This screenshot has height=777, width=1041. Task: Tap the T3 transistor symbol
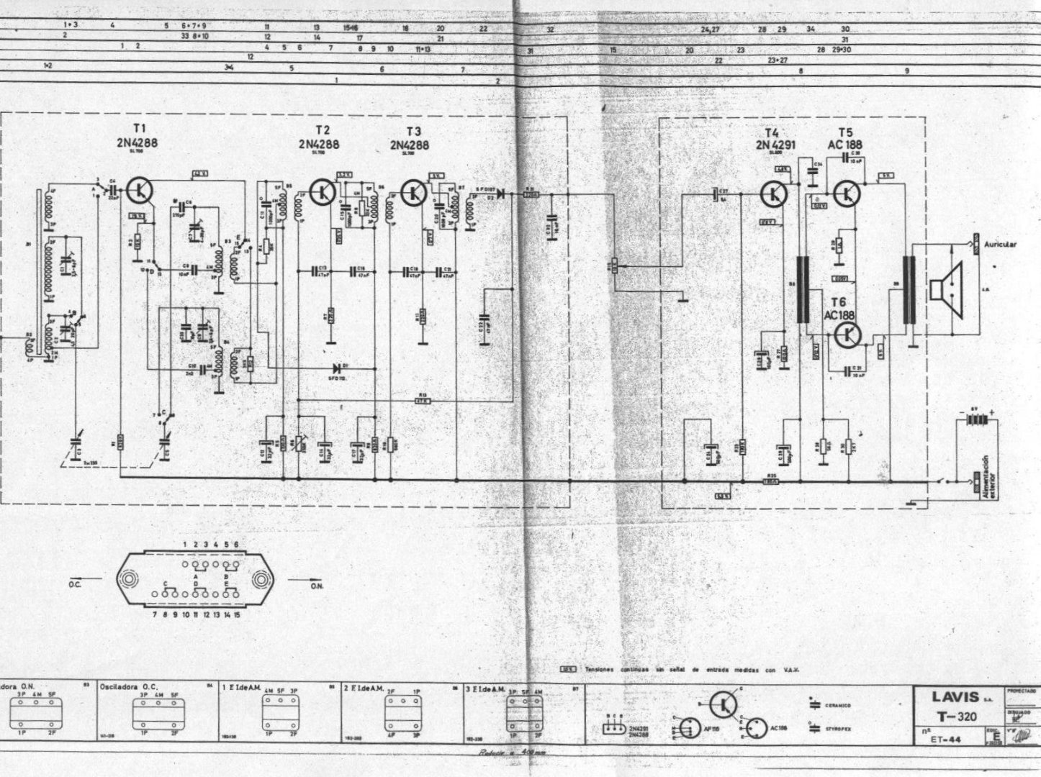coord(414,191)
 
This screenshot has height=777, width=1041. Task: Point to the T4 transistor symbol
coord(774,194)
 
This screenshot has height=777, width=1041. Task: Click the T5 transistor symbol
coord(847,193)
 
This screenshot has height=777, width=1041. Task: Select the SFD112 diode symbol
coord(336,368)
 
